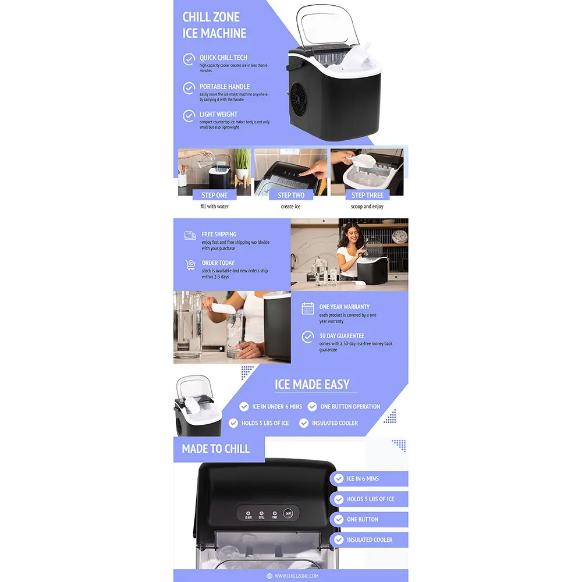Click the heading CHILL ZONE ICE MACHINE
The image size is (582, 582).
click(214, 25)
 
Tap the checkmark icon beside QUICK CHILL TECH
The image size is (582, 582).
click(189, 59)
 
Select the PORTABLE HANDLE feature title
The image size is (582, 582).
click(224, 87)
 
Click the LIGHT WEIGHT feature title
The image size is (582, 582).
click(218, 115)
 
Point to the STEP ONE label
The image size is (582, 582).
click(214, 195)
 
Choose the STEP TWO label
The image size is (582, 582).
click(291, 195)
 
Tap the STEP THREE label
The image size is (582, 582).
click(367, 195)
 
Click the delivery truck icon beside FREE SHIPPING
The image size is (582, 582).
click(190, 236)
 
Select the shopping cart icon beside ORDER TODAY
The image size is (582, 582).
click(190, 265)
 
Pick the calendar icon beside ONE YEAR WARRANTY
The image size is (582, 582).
click(308, 308)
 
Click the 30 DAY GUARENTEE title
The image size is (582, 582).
click(342, 336)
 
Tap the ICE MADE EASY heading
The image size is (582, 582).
click(312, 384)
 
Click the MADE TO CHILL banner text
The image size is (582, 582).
click(215, 449)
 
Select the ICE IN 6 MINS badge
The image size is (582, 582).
click(363, 478)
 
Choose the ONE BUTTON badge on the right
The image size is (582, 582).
click(363, 519)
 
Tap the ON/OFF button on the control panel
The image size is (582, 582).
click(288, 513)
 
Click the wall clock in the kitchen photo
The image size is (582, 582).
click(399, 236)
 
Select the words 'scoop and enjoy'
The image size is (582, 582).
click(367, 207)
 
